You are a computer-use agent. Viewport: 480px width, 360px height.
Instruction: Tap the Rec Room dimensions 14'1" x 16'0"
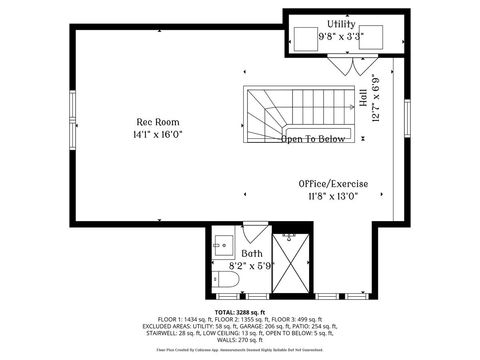point(157,135)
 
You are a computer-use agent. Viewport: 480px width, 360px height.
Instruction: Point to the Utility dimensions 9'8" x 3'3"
point(342,36)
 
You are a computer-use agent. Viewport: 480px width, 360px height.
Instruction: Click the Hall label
point(363,99)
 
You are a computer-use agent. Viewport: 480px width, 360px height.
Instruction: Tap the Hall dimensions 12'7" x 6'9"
point(375,98)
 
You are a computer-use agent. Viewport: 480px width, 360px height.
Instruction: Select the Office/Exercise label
point(333,184)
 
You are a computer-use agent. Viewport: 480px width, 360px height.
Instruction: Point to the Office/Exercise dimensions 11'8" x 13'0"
point(333,197)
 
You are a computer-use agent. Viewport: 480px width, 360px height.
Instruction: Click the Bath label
point(251,254)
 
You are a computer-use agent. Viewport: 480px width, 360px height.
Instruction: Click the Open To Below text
point(312,139)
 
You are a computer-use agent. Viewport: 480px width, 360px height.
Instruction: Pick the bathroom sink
point(222,246)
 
